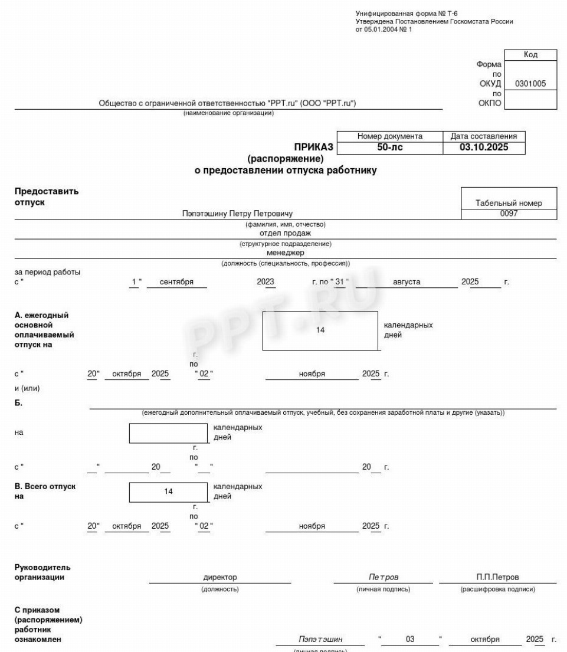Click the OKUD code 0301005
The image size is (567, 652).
pyautogui.click(x=530, y=84)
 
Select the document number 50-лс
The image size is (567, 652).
pyautogui.click(x=390, y=148)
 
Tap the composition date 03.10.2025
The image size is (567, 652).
pyautogui.click(x=484, y=148)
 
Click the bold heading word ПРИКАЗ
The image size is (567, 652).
pyautogui.click(x=314, y=147)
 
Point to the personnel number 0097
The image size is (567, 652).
pyautogui.click(x=509, y=214)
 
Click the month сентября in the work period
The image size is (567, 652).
pyautogui.click(x=176, y=282)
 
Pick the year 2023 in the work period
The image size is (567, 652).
pyautogui.click(x=266, y=282)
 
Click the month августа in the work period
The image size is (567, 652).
pyautogui.click(x=407, y=282)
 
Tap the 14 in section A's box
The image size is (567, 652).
pyautogui.click(x=320, y=330)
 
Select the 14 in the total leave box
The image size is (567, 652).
pyautogui.click(x=169, y=491)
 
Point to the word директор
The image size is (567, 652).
pyautogui.click(x=219, y=577)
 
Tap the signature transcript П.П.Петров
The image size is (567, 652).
pyautogui.click(x=497, y=577)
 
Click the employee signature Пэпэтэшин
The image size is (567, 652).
pyautogui.click(x=320, y=640)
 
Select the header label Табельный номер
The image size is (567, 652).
pyautogui.click(x=509, y=203)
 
